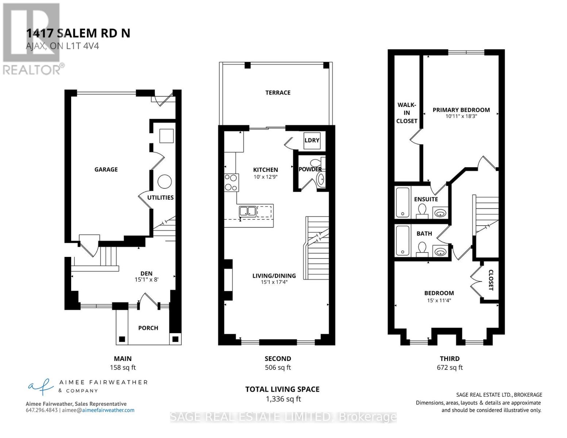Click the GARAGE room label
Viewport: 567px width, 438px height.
point(106,169)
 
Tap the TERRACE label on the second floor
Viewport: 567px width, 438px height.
point(278,93)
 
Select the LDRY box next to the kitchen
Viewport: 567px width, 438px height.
point(312,141)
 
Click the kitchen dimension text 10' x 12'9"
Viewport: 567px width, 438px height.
point(266,177)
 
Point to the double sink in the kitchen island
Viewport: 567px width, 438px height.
point(247,211)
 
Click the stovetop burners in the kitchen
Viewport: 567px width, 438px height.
point(231,182)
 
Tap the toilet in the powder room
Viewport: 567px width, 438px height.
point(315,163)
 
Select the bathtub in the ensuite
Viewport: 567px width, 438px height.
point(403,202)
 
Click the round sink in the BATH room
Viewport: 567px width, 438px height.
point(440,251)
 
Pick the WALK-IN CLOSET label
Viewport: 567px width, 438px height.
point(406,113)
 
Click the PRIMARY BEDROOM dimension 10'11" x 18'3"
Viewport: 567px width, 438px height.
point(461,116)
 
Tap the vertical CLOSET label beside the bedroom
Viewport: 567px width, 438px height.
point(491,280)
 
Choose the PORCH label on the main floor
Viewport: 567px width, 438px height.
point(148,328)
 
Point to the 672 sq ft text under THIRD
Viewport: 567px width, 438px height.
point(450,368)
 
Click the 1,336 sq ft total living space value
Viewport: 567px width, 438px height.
point(283,399)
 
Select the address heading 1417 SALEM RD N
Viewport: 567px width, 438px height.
point(78,33)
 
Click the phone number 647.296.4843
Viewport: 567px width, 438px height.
point(42,410)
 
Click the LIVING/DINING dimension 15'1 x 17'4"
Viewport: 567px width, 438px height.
point(274,282)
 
